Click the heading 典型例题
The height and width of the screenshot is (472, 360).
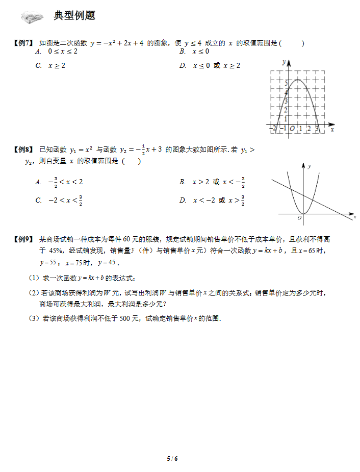tap(74, 16)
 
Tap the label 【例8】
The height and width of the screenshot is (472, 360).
tap(23, 150)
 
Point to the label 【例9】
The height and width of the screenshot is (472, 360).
tap(23, 239)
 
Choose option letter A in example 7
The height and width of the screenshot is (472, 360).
tap(38, 52)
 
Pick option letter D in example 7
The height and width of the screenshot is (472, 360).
tap(183, 65)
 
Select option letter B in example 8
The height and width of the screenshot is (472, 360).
tap(183, 182)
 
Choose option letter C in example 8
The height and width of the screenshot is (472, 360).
tap(38, 201)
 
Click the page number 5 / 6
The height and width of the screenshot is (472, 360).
tap(172, 458)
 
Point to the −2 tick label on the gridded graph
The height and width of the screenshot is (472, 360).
tap(274, 129)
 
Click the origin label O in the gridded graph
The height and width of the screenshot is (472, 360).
tap(292, 129)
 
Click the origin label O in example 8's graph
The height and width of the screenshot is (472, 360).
tap(299, 218)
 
